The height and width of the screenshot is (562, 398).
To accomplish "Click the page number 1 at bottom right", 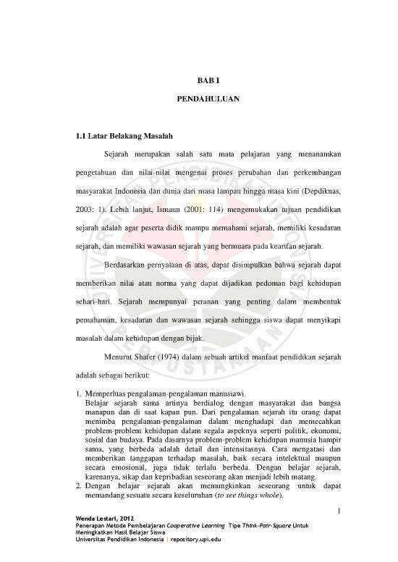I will [338, 531].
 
